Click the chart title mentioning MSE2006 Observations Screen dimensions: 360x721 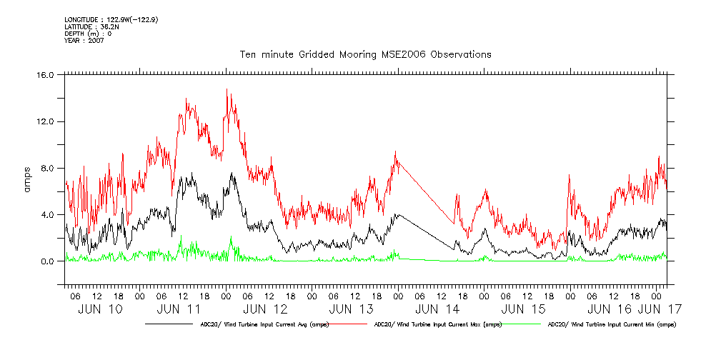(364, 54)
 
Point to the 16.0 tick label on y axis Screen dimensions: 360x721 (45, 75)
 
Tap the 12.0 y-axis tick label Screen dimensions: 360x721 (45, 121)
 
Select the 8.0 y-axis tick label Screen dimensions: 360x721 (47, 169)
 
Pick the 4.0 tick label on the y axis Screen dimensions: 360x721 (47, 215)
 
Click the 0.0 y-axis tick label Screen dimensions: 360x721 (47, 261)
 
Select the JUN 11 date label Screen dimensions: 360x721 (179, 309)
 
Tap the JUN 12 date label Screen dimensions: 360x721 (265, 309)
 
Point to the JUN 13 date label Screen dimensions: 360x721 (352, 309)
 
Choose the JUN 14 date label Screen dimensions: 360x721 (437, 309)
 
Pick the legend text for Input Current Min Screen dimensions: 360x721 (612, 325)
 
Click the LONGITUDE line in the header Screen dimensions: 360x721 (111, 19)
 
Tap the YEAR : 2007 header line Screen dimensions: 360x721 (84, 41)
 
